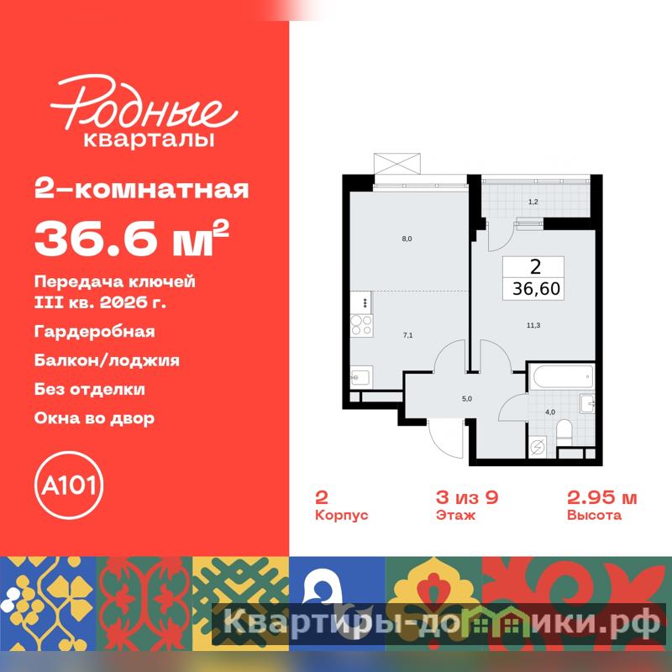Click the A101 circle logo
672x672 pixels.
tap(69, 486)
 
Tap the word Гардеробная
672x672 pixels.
tap(94, 332)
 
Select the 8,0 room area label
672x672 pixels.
tap(407, 239)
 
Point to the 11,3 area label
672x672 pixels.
tap(533, 325)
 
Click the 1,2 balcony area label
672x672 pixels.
tap(533, 202)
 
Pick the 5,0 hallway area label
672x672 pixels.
tap(467, 398)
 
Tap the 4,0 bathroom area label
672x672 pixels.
tap(550, 412)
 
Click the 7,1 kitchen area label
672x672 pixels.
tap(407, 335)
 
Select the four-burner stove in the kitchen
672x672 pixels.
tap(361, 325)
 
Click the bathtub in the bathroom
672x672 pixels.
tap(561, 377)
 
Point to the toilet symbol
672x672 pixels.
tap(564, 433)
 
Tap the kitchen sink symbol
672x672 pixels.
tap(361, 377)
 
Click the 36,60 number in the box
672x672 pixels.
tap(536, 289)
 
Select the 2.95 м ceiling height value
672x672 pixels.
tap(601, 497)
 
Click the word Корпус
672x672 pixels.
tap(342, 515)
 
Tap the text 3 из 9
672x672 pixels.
tap(467, 497)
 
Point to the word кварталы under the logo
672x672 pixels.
tap(149, 139)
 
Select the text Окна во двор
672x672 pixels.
tap(94, 418)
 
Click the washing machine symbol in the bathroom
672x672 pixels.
tap(538, 448)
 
